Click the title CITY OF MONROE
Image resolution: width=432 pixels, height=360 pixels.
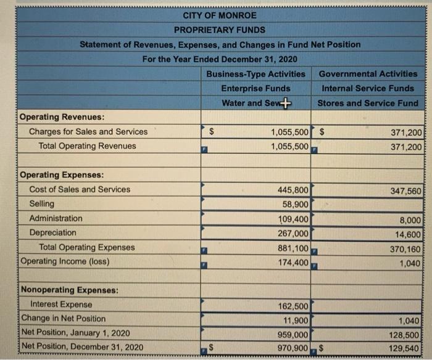pyautogui.click(x=220, y=15)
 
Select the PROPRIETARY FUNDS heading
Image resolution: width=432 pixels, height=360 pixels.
pyautogui.click(x=220, y=30)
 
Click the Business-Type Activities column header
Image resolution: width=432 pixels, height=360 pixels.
pyautogui.click(x=256, y=73)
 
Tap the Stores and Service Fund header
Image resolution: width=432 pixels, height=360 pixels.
pyautogui.click(x=368, y=103)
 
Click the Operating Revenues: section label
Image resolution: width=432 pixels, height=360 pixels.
pyautogui.click(x=62, y=117)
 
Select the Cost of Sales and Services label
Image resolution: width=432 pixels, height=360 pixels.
pyautogui.click(x=80, y=189)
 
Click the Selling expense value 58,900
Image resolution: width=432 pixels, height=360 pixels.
pyautogui.click(x=296, y=204)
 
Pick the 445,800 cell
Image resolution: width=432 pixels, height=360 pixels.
pyautogui.click(x=293, y=189)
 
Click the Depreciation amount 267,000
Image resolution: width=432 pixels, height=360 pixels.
pyautogui.click(x=293, y=233)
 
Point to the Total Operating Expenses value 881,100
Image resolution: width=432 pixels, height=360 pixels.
pyautogui.click(x=293, y=247)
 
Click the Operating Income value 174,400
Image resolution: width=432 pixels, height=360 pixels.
pyautogui.click(x=293, y=262)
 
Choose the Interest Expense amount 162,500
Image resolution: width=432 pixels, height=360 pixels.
pyautogui.click(x=293, y=306)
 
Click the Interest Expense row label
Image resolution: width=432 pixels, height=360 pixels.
pyautogui.click(x=61, y=304)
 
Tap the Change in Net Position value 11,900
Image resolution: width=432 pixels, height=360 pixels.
pyautogui.click(x=296, y=319)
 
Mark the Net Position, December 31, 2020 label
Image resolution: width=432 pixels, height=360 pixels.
pyautogui.click(x=82, y=346)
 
